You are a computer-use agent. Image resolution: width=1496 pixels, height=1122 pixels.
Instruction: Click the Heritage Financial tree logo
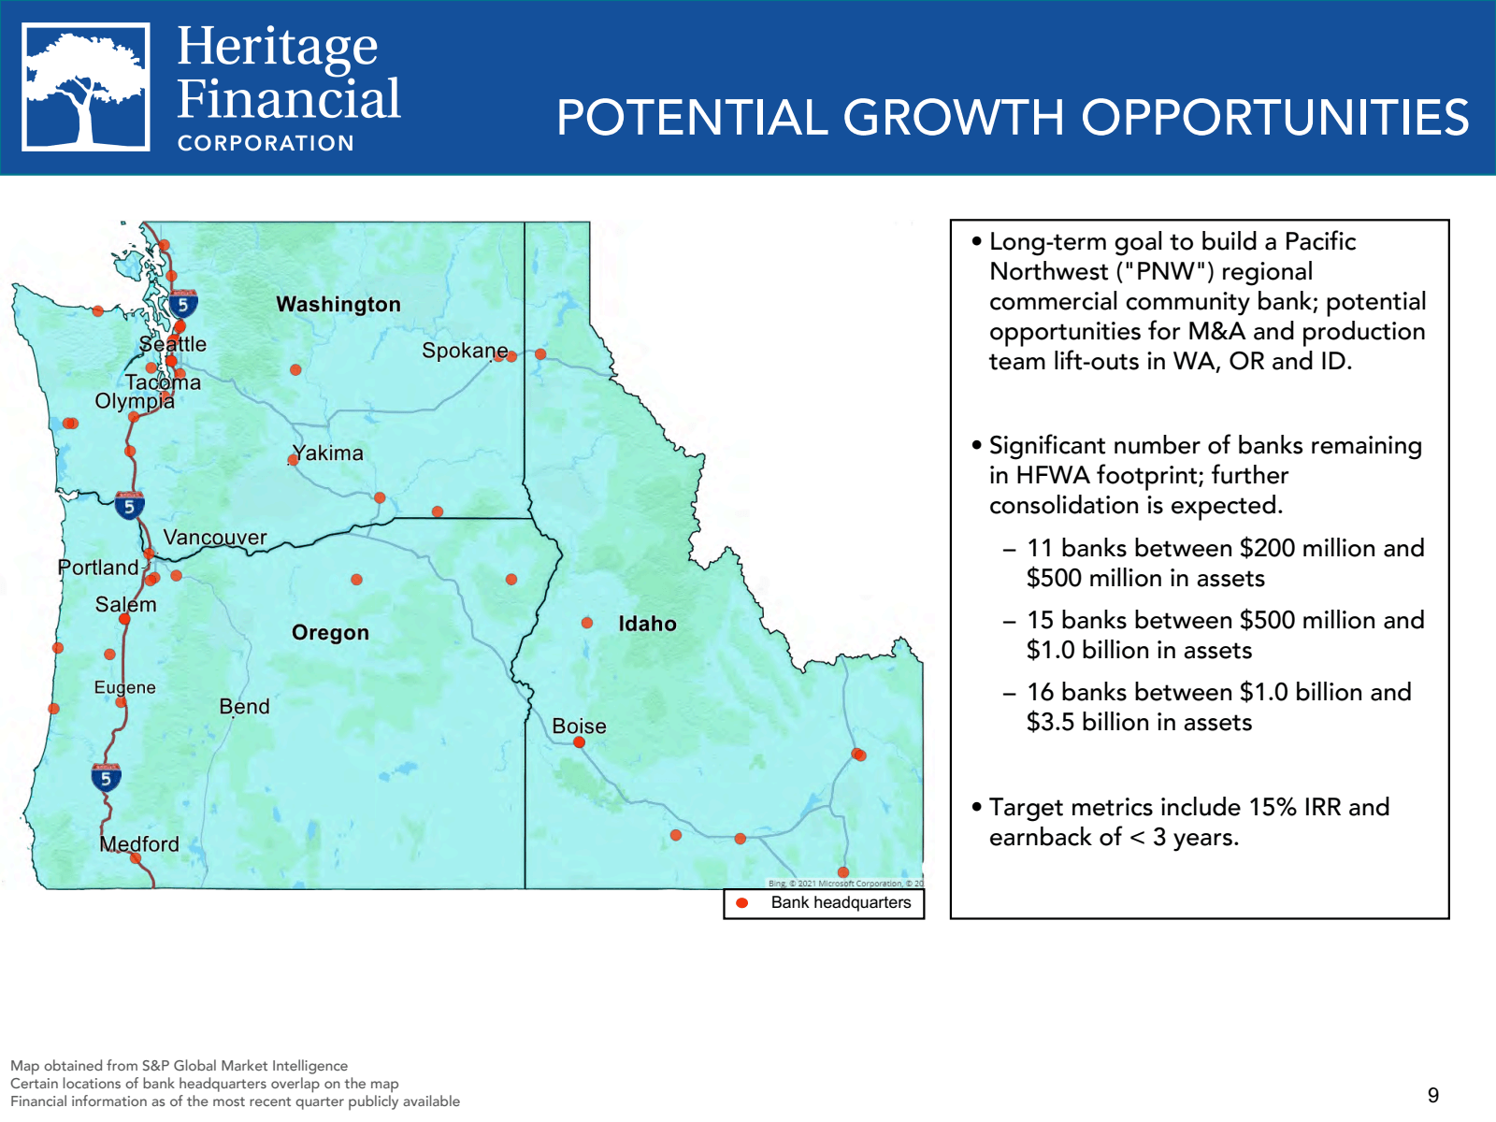(x=86, y=87)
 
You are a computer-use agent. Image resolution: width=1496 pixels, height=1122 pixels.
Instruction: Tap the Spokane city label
(x=465, y=351)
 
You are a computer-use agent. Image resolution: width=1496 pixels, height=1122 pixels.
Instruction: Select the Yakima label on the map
(x=327, y=453)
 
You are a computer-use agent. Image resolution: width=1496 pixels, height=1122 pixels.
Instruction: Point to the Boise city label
(x=579, y=726)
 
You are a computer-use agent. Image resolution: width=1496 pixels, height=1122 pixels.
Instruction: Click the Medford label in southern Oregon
(x=139, y=844)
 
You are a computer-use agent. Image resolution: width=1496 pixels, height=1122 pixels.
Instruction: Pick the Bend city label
(x=244, y=707)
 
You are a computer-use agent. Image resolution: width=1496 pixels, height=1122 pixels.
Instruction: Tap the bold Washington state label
(x=338, y=305)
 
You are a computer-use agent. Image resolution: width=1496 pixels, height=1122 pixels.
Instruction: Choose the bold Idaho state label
(x=647, y=624)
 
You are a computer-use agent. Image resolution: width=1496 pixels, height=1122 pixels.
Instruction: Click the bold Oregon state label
(x=330, y=633)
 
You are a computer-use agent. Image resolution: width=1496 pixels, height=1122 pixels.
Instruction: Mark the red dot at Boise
(x=579, y=742)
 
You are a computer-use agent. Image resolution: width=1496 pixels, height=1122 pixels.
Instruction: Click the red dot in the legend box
(x=742, y=903)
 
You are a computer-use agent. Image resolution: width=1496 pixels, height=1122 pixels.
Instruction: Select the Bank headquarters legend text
(x=841, y=903)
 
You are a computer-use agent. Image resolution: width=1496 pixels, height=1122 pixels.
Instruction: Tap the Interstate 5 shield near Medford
(x=106, y=777)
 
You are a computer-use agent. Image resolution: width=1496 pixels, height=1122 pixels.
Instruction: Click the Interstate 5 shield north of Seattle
(x=183, y=304)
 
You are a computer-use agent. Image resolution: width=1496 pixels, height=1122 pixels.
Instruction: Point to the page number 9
(x=1433, y=1096)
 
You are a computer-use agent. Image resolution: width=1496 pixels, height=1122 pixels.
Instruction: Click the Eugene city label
(x=124, y=688)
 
